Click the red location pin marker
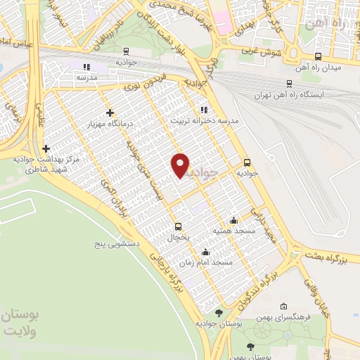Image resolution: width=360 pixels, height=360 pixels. [x=181, y=165]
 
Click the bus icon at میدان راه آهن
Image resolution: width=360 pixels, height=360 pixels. [x=318, y=57]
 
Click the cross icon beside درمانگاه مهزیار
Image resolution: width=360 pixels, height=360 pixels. [x=109, y=112]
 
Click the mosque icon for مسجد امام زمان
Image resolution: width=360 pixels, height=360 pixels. [x=205, y=252]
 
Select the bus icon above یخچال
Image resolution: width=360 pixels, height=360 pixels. [x=178, y=226]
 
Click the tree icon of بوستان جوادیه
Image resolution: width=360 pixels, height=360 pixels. [x=219, y=313]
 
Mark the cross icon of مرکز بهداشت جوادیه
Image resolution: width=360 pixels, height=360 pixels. [x=46, y=148]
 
